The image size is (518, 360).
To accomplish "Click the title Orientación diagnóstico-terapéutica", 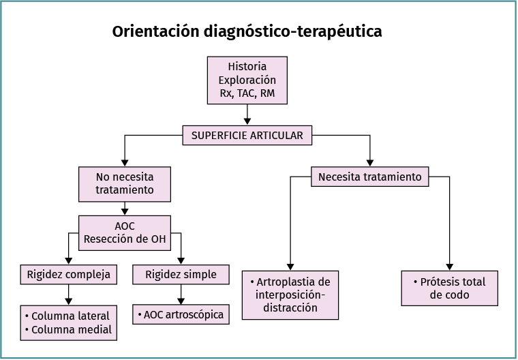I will pyautogui.click(x=247, y=32).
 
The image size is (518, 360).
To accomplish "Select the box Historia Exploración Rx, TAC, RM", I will pyautogui.click(x=247, y=80).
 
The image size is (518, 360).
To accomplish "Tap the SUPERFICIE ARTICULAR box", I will pyautogui.click(x=247, y=135).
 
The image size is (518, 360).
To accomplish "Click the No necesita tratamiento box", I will pyautogui.click(x=124, y=183).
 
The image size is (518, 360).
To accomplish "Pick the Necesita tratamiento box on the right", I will pyautogui.click(x=370, y=177).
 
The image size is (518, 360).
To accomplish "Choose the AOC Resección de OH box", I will pyautogui.click(x=124, y=232).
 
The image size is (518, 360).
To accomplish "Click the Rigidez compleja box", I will pyautogui.click(x=68, y=275).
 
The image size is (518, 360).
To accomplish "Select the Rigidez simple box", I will pyautogui.click(x=181, y=275).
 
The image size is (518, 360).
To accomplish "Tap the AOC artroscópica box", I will pyautogui.click(x=181, y=314).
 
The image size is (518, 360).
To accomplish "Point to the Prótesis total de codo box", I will pyautogui.click(x=449, y=288).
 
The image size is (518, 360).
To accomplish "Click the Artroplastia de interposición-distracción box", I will pyautogui.click(x=290, y=295).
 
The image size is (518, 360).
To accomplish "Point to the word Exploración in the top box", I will pyautogui.click(x=247, y=80).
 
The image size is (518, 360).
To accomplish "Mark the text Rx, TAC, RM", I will pyautogui.click(x=247, y=93).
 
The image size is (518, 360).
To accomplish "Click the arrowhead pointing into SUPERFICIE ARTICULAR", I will pyautogui.click(x=247, y=121).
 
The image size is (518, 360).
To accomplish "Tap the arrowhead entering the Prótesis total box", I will pyautogui.click(x=449, y=266).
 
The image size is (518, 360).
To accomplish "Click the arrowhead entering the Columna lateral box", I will pyautogui.click(x=68, y=300).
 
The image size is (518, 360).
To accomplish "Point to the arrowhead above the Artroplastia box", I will pyautogui.click(x=290, y=266).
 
